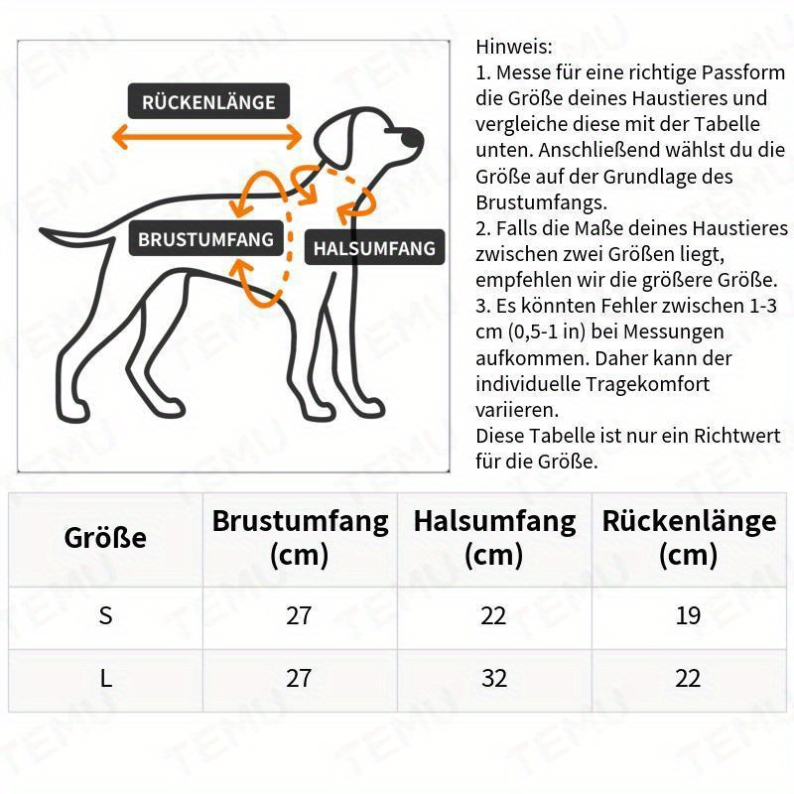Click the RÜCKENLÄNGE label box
pyautogui.click(x=208, y=101)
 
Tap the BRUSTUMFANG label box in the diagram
pyautogui.click(x=205, y=239)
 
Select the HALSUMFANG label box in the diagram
pyautogui.click(x=374, y=247)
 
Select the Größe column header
pyautogui.click(x=105, y=538)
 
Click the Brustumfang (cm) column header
pyautogui.click(x=300, y=537)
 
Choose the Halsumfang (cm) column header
pyautogui.click(x=494, y=537)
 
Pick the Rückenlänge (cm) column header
pyautogui.click(x=689, y=537)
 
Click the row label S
pyautogui.click(x=106, y=615)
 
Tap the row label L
pyautogui.click(x=106, y=679)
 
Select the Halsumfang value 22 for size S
pyautogui.click(x=493, y=615)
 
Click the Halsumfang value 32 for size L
pyautogui.click(x=493, y=679)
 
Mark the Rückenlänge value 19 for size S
pyautogui.click(x=688, y=615)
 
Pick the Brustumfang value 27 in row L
pyautogui.click(x=299, y=679)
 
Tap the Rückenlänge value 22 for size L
pyautogui.click(x=688, y=679)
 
